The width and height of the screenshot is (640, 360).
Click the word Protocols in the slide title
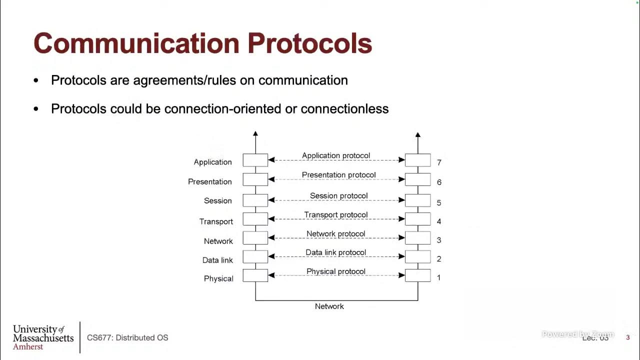click(309, 43)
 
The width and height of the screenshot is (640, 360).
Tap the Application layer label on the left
click(212, 162)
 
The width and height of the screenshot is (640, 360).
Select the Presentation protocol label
click(338, 175)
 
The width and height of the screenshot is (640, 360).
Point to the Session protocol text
click(338, 195)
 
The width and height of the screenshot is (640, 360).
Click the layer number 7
click(439, 162)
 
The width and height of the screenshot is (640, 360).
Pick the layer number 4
click(439, 221)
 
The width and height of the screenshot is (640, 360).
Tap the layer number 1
click(438, 277)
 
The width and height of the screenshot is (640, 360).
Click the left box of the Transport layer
click(255, 219)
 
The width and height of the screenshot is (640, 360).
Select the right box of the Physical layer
click(418, 275)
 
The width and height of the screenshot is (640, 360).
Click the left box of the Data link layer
click(255, 257)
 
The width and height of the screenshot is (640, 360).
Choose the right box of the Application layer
click(418, 160)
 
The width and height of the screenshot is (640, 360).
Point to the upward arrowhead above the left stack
click(255, 134)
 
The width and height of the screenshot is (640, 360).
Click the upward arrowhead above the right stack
click(418, 134)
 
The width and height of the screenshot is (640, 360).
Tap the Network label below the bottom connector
click(329, 306)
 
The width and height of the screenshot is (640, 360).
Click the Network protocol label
click(335, 233)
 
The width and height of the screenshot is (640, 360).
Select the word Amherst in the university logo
click(28, 346)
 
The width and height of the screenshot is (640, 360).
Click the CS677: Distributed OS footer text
click(127, 337)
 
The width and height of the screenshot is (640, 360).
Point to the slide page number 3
click(628, 337)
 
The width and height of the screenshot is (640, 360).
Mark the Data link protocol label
click(335, 252)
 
